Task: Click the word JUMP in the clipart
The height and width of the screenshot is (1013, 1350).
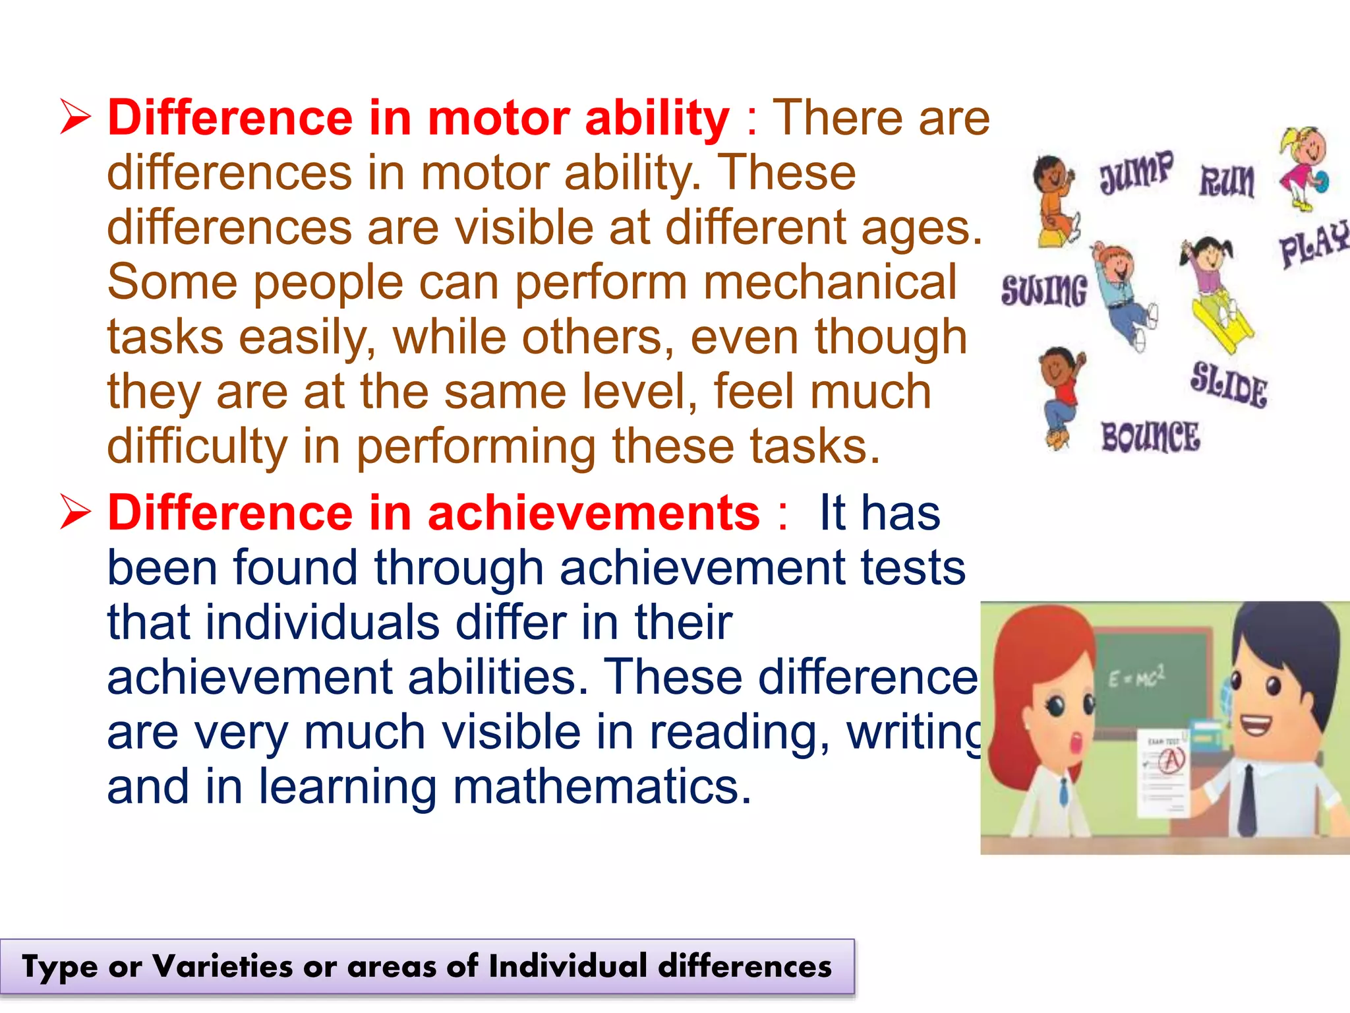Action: pos(1136,171)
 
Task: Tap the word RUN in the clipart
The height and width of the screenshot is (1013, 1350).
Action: pos(1227,181)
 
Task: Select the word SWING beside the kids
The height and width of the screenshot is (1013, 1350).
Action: pos(1043,290)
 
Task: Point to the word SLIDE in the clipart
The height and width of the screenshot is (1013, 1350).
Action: pos(1229,384)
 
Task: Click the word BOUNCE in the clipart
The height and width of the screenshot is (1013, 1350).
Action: pos(1150,437)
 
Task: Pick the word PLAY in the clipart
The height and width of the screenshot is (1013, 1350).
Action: pos(1314,244)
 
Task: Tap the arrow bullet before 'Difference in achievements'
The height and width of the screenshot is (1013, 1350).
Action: pos(74,512)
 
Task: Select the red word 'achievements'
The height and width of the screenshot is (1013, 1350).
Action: pos(594,512)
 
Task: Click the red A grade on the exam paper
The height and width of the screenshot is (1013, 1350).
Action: pos(1172,760)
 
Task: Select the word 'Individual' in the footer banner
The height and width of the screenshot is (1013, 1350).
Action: pos(568,966)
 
